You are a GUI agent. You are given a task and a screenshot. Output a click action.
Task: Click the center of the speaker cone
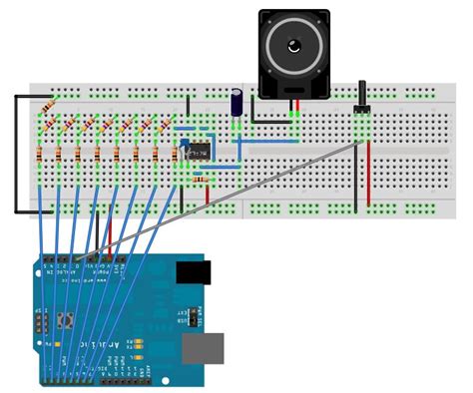(x=294, y=46)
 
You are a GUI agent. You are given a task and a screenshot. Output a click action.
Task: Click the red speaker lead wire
(x=299, y=114)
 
